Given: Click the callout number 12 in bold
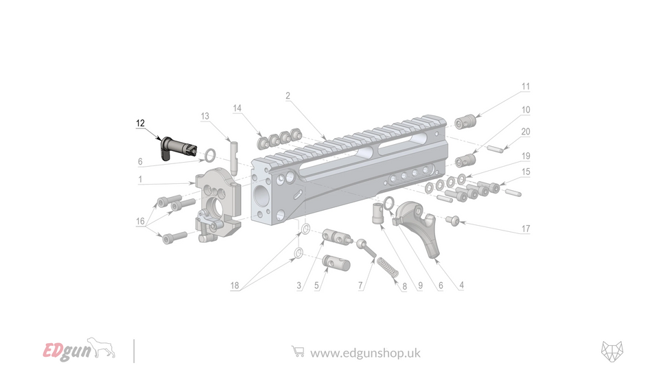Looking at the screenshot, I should pyautogui.click(x=140, y=123).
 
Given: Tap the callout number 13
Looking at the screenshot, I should pyautogui.click(x=205, y=116).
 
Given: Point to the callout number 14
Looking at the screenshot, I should pyautogui.click(x=237, y=108).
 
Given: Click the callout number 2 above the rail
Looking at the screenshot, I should pyautogui.click(x=288, y=95).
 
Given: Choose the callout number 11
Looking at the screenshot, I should pyautogui.click(x=526, y=87).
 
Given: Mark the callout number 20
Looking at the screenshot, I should pyautogui.click(x=526, y=132).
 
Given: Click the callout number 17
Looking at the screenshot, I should pyautogui.click(x=526, y=229).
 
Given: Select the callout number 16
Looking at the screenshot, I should pyautogui.click(x=140, y=222).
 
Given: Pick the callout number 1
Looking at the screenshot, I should pyautogui.click(x=140, y=180).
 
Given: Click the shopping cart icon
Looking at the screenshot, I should pyautogui.click(x=298, y=351).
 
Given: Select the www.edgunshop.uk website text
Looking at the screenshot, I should pyautogui.click(x=365, y=353).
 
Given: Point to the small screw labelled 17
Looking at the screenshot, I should pyautogui.click(x=453, y=220).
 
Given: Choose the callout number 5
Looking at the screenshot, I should pyautogui.click(x=318, y=285).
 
